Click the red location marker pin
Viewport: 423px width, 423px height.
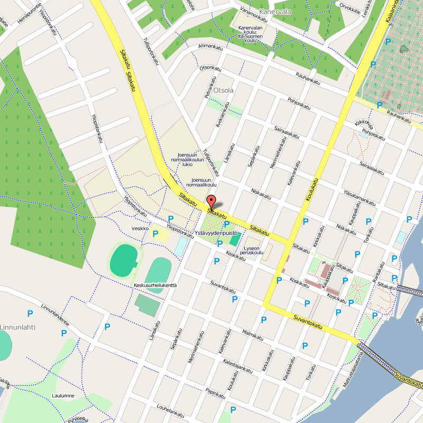click(211, 202)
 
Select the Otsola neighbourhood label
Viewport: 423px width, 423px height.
click(224, 90)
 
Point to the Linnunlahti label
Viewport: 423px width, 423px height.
click(17, 327)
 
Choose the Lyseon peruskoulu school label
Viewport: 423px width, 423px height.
click(251, 250)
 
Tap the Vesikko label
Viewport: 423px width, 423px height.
click(141, 228)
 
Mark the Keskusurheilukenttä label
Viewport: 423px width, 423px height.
click(155, 286)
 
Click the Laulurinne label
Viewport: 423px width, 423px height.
click(62, 395)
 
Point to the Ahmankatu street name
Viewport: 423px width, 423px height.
click(210, 47)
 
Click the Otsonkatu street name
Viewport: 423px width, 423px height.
click(210, 68)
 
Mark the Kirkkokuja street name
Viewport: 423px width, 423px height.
click(364, 125)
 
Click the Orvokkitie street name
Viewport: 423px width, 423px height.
click(350, 7)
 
